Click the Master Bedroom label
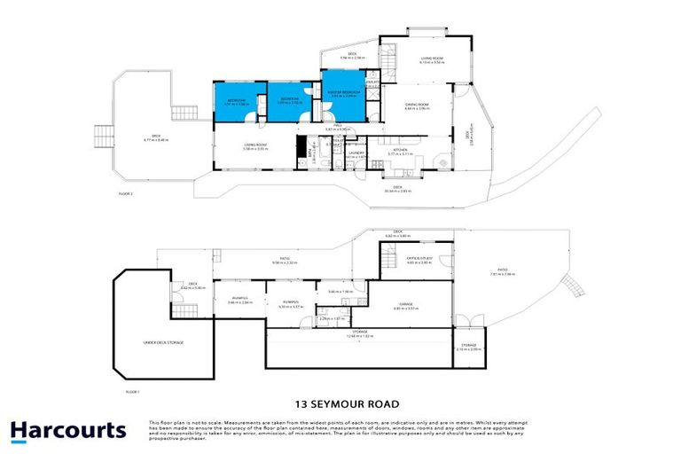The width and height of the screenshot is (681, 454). [343, 93]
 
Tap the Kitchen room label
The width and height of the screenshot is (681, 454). [400, 152]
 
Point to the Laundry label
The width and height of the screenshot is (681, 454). [357, 154]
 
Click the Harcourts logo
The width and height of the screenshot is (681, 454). [68, 432]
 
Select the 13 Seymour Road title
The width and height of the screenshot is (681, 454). [340, 401]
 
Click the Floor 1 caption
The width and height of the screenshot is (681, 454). [133, 390]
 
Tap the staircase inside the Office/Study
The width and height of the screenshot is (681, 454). [388, 259]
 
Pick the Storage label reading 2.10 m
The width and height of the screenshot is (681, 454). [467, 347]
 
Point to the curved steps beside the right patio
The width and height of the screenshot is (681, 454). [577, 286]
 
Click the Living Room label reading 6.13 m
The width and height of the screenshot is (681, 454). [431, 60]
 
